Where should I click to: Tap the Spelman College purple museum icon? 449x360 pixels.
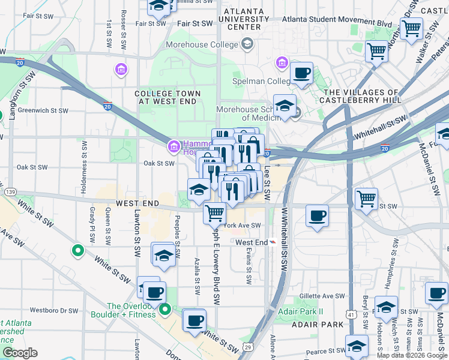click(x=282, y=62)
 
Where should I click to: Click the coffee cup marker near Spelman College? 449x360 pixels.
click(x=301, y=74)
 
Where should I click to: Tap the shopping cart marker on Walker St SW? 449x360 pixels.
click(x=412, y=28)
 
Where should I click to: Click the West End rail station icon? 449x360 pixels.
click(x=274, y=242)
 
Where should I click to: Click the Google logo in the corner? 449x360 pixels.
click(x=20, y=353)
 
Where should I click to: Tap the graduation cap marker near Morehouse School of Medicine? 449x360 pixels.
click(x=285, y=106)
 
